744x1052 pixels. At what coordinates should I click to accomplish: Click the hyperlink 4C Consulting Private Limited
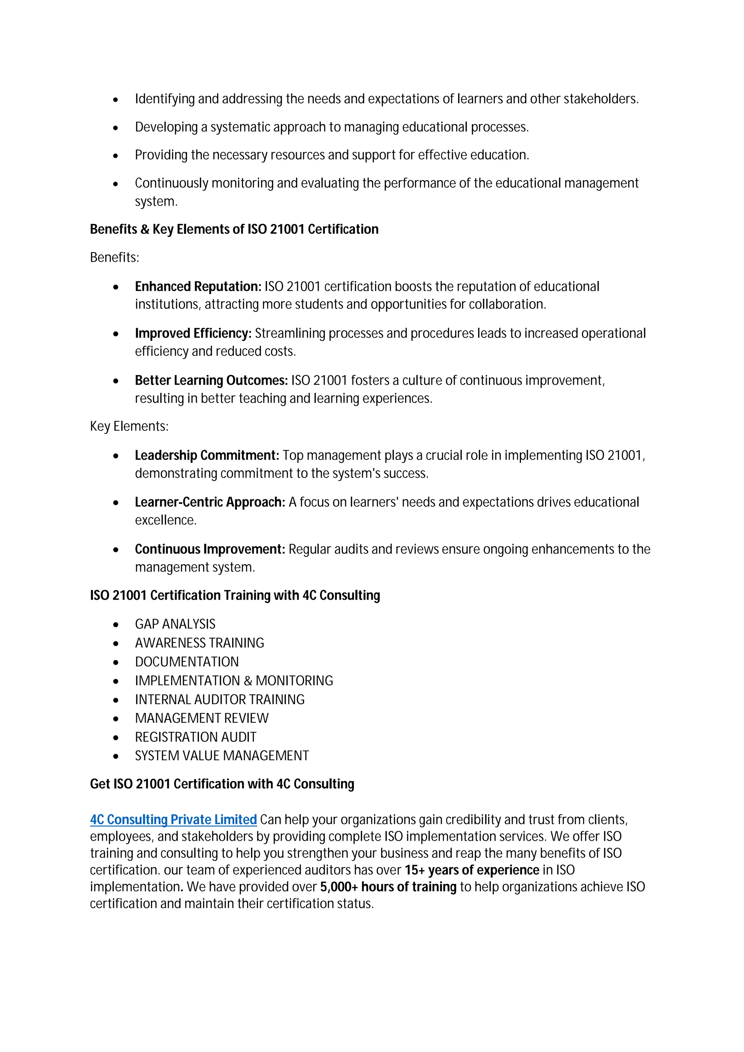[x=173, y=820]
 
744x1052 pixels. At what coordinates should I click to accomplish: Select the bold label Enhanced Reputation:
[x=198, y=286]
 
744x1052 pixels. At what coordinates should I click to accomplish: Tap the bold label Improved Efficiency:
[x=193, y=334]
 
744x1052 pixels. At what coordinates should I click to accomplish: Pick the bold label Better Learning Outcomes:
[x=211, y=380]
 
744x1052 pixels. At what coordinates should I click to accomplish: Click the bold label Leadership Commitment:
[x=207, y=456]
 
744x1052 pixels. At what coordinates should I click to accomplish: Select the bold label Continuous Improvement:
[x=210, y=549]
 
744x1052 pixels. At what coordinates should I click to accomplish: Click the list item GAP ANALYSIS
[x=175, y=624]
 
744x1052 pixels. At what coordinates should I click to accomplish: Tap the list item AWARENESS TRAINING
[x=199, y=643]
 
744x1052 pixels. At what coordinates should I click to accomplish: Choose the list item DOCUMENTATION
[x=187, y=662]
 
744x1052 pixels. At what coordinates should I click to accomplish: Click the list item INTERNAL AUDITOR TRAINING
[x=219, y=700]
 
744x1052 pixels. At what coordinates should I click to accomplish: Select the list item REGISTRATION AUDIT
[x=195, y=737]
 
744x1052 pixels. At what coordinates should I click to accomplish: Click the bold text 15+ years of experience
[x=472, y=870]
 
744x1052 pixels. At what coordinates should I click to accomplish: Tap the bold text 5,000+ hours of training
[x=388, y=887]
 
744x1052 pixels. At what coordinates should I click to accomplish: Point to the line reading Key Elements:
[x=129, y=427]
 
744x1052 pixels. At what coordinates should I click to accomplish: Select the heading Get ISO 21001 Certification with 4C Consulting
[x=222, y=784]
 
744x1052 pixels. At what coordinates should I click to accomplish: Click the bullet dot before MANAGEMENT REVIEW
[x=116, y=719]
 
